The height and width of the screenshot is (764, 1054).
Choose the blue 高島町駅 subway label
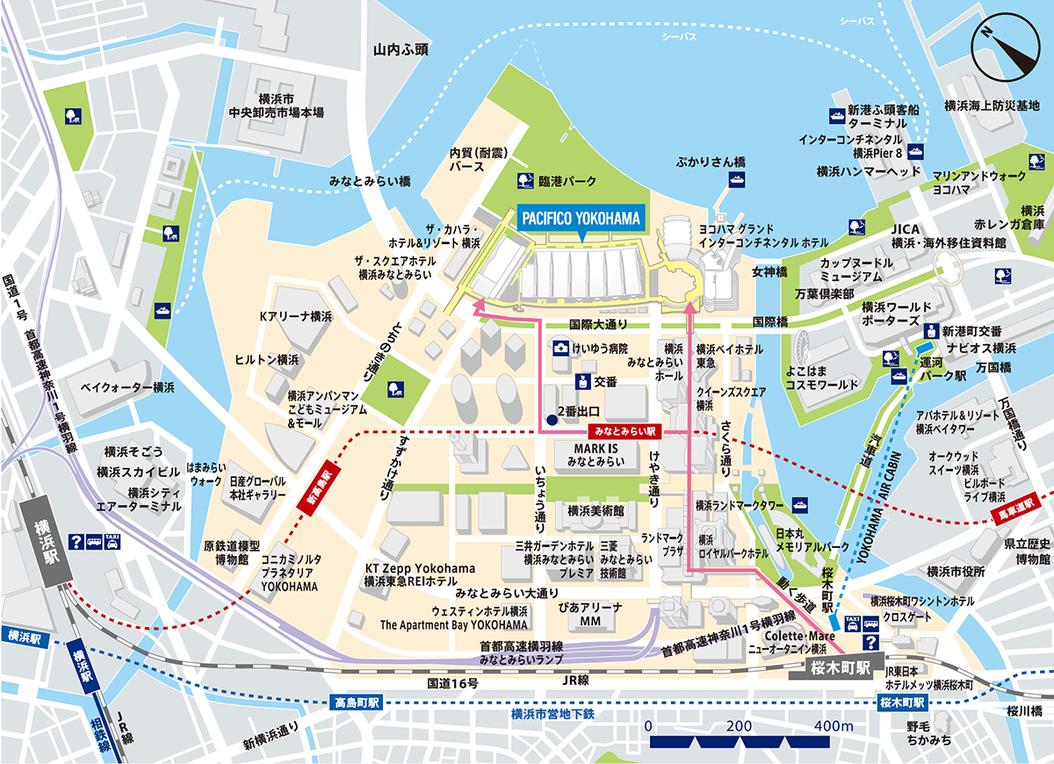coord(357,703)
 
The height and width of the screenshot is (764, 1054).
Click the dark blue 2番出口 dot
coord(551,420)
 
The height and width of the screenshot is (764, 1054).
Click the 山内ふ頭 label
coord(400,50)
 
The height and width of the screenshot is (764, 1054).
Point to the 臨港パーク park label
coord(567,181)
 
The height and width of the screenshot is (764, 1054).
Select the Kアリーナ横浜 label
coord(295,315)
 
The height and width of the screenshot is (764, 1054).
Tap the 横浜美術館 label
coord(595,510)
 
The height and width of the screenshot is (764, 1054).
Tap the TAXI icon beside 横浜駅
coord(112,543)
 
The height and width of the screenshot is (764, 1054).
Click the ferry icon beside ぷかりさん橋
coord(736,179)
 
